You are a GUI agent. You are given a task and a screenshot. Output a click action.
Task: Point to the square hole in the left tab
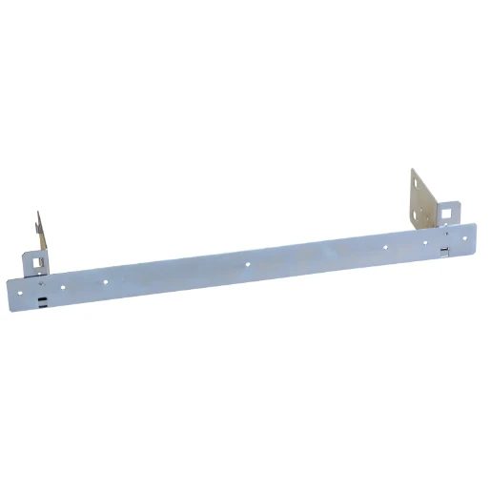[36, 258]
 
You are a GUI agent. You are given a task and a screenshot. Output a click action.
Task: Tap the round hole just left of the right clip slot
[426, 242]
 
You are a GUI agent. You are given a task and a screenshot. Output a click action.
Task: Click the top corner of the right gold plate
[413, 170]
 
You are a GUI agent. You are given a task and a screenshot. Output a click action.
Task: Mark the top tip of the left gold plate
[38, 213]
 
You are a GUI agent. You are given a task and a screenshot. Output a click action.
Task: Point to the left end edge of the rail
[8, 295]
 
